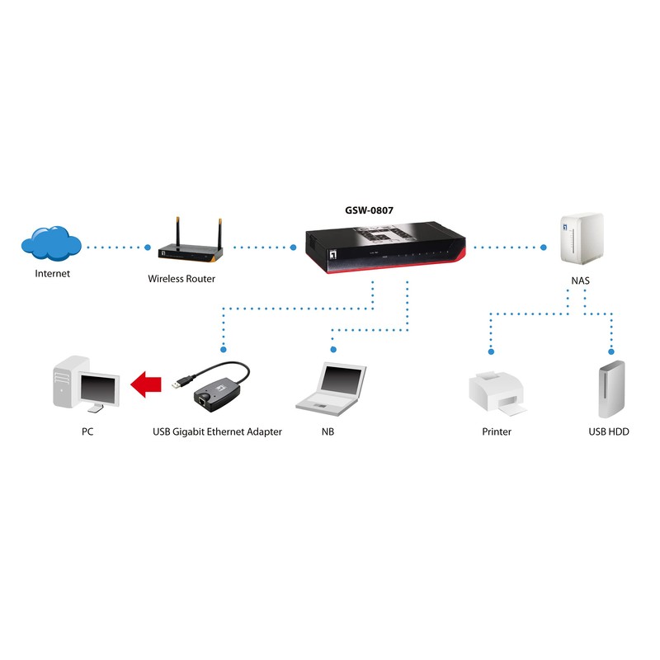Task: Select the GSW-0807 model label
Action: pyautogui.click(x=369, y=210)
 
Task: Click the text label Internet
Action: pyautogui.click(x=52, y=274)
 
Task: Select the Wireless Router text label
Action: pyautogui.click(x=181, y=279)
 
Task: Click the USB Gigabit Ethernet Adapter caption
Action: pyautogui.click(x=218, y=431)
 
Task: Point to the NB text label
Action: pyautogui.click(x=328, y=431)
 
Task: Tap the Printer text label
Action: pyautogui.click(x=497, y=431)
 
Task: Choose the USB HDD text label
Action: pyautogui.click(x=609, y=431)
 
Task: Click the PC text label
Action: pyautogui.click(x=87, y=431)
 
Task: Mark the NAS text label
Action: pyautogui.click(x=580, y=280)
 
